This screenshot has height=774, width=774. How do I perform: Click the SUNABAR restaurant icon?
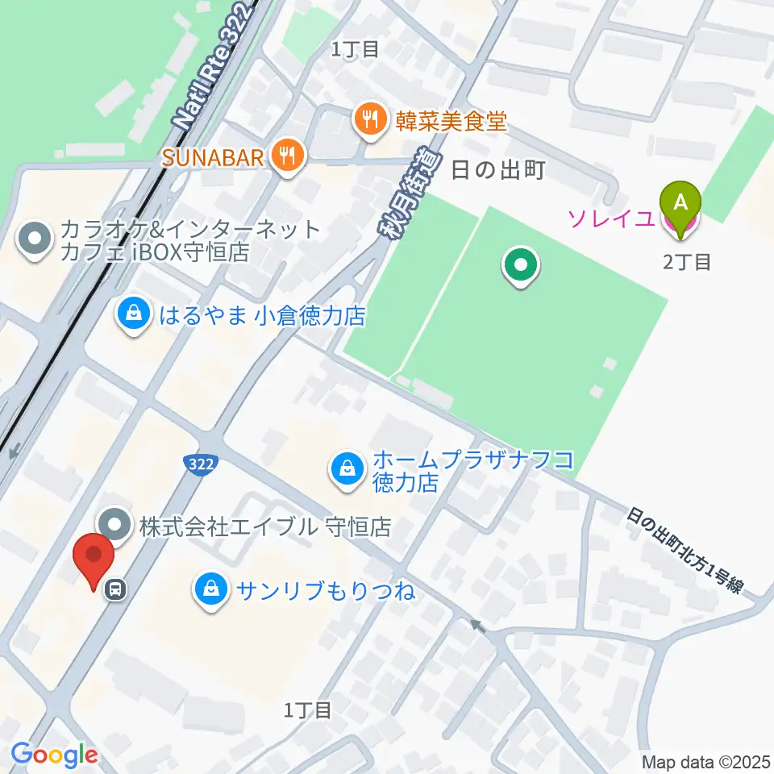click(x=286, y=155)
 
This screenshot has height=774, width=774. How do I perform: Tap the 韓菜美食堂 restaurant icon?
click(x=370, y=122)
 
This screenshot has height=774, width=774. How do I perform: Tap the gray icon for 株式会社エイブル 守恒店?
click(x=116, y=527)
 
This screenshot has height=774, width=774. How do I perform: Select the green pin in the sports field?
click(x=521, y=266)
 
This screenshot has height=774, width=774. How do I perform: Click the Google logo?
click(x=54, y=755)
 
